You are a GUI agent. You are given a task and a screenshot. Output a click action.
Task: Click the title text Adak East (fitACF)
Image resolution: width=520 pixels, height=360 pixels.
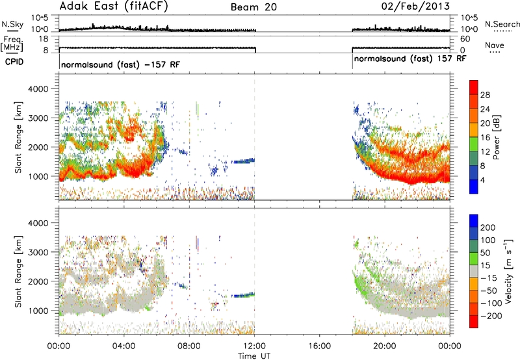click(114, 6)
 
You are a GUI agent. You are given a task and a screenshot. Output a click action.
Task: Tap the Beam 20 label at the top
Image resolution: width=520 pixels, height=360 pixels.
click(253, 7)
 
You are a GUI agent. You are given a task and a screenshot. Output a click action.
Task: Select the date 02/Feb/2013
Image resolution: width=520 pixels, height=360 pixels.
click(415, 6)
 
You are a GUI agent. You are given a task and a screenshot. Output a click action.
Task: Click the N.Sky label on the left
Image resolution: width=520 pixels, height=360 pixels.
click(12, 24)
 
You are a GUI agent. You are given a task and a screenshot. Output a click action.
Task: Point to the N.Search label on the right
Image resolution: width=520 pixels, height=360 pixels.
click(502, 24)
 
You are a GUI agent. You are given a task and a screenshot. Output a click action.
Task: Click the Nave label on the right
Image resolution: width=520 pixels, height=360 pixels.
click(495, 45)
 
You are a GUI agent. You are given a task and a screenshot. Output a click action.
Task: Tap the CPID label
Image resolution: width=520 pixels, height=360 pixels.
click(14, 62)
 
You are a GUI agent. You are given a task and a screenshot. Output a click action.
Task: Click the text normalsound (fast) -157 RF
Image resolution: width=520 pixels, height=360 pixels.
click(121, 64)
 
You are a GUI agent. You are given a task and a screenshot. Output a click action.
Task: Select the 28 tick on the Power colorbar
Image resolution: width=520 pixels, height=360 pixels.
click(485, 95)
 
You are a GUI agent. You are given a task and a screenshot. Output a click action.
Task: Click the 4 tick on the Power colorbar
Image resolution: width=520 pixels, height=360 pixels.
click(482, 180)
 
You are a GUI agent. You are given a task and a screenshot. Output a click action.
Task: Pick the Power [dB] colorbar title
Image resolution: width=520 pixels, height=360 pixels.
click(496, 137)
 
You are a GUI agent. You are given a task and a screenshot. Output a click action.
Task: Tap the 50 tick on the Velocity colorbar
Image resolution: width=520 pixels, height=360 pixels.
click(485, 253)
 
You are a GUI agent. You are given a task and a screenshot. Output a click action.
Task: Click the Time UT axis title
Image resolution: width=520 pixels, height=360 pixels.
click(254, 356)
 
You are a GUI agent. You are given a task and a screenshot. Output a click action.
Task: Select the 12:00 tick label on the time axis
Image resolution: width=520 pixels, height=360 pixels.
click(254, 346)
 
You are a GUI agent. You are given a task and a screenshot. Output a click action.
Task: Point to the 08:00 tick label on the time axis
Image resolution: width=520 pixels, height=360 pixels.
click(189, 346)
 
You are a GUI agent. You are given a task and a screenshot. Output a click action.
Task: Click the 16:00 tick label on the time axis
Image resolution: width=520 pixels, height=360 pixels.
click(319, 346)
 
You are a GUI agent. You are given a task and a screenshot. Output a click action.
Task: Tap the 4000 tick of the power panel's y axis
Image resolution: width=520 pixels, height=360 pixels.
click(38, 89)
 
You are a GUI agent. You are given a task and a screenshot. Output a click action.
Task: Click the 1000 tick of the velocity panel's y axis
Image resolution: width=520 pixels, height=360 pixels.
click(38, 311)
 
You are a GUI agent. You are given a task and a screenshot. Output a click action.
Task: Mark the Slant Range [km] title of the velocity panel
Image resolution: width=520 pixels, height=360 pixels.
click(18, 271)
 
